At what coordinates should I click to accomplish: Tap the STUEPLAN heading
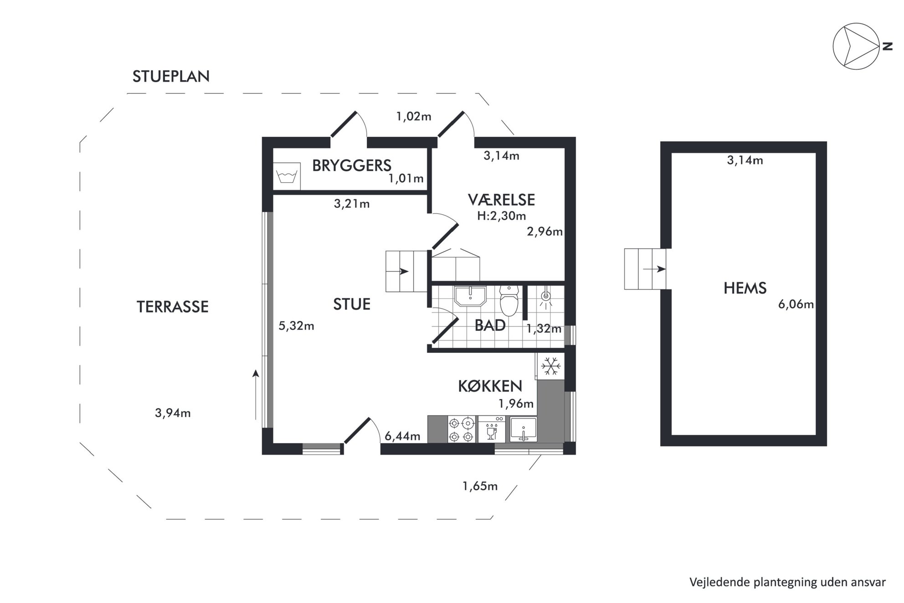(171, 77)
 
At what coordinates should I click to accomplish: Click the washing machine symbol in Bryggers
(287, 176)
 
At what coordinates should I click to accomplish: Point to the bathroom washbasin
(470, 296)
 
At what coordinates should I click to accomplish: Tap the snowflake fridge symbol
(550, 366)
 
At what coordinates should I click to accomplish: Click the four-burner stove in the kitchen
(461, 429)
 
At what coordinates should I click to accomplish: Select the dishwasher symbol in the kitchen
(492, 429)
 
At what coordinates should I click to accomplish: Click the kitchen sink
(523, 429)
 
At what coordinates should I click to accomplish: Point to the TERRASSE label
(173, 307)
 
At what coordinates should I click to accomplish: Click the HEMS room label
(745, 288)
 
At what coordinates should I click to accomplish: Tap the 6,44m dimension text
(402, 437)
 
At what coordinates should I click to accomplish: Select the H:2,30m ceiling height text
(501, 216)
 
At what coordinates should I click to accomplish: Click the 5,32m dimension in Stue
(296, 326)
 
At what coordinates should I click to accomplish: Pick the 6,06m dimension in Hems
(796, 304)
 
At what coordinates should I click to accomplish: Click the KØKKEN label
(490, 387)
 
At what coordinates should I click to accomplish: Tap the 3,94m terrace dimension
(173, 413)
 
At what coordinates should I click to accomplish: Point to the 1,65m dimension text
(480, 486)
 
